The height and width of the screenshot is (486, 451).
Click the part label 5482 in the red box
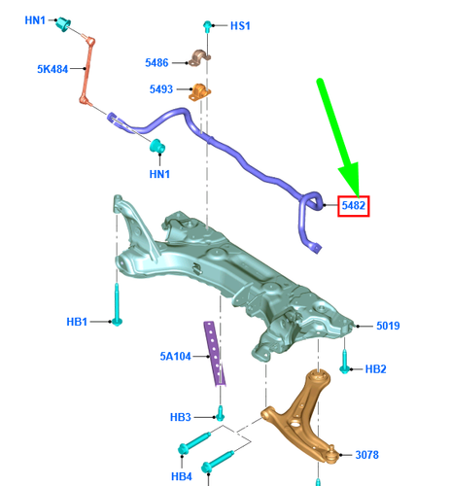click(353, 205)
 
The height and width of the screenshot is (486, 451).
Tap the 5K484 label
click(52, 69)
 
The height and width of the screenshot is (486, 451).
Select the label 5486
click(156, 62)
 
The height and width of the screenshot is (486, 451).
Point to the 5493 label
click(161, 89)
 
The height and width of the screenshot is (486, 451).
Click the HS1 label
click(240, 26)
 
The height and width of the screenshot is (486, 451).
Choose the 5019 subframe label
click(388, 326)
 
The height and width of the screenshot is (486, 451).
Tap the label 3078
click(366, 455)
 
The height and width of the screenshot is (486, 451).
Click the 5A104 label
click(175, 357)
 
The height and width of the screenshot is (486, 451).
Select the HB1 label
click(77, 322)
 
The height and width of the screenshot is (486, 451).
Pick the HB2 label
click(375, 369)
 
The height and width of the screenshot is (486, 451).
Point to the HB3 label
click(181, 417)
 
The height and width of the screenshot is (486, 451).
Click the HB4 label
click(182, 476)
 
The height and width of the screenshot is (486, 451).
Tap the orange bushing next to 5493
click(199, 92)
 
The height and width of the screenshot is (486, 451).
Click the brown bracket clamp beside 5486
click(199, 58)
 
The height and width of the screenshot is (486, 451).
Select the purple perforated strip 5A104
click(214, 354)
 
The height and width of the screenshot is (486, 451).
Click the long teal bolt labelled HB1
click(117, 304)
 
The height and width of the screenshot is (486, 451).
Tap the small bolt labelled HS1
click(207, 26)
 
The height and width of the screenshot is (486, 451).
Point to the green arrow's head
click(351, 179)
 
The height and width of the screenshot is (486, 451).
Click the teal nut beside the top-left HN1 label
click(63, 24)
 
